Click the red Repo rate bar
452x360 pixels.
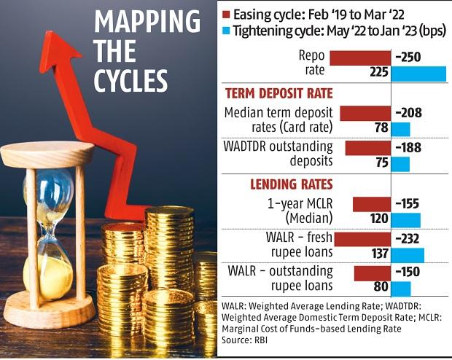(x=360, y=58)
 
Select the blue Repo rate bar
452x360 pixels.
(x=419, y=74)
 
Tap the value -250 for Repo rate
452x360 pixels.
(x=408, y=58)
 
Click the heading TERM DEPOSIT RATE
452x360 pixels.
(x=279, y=93)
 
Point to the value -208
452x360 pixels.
(x=408, y=113)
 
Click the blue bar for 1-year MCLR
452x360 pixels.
(x=407, y=219)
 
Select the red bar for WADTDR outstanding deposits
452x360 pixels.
(x=368, y=148)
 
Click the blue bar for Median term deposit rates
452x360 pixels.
(x=401, y=129)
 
